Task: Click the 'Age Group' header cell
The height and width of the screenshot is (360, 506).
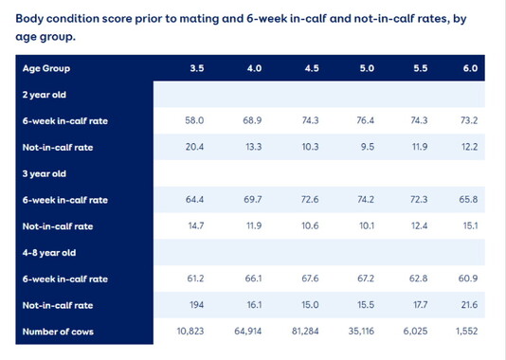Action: pyautogui.click(x=46, y=69)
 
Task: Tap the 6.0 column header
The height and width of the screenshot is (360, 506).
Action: pyautogui.click(x=470, y=69)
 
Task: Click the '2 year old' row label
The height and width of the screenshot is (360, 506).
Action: pyautogui.click(x=46, y=95)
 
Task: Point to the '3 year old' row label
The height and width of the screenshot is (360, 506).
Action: pyautogui.click(x=46, y=174)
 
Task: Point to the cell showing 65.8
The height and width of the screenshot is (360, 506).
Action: pyautogui.click(x=470, y=201)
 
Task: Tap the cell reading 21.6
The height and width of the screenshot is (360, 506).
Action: pyautogui.click(x=470, y=306)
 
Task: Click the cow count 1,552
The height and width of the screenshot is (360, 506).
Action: pyautogui.click(x=470, y=333)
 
